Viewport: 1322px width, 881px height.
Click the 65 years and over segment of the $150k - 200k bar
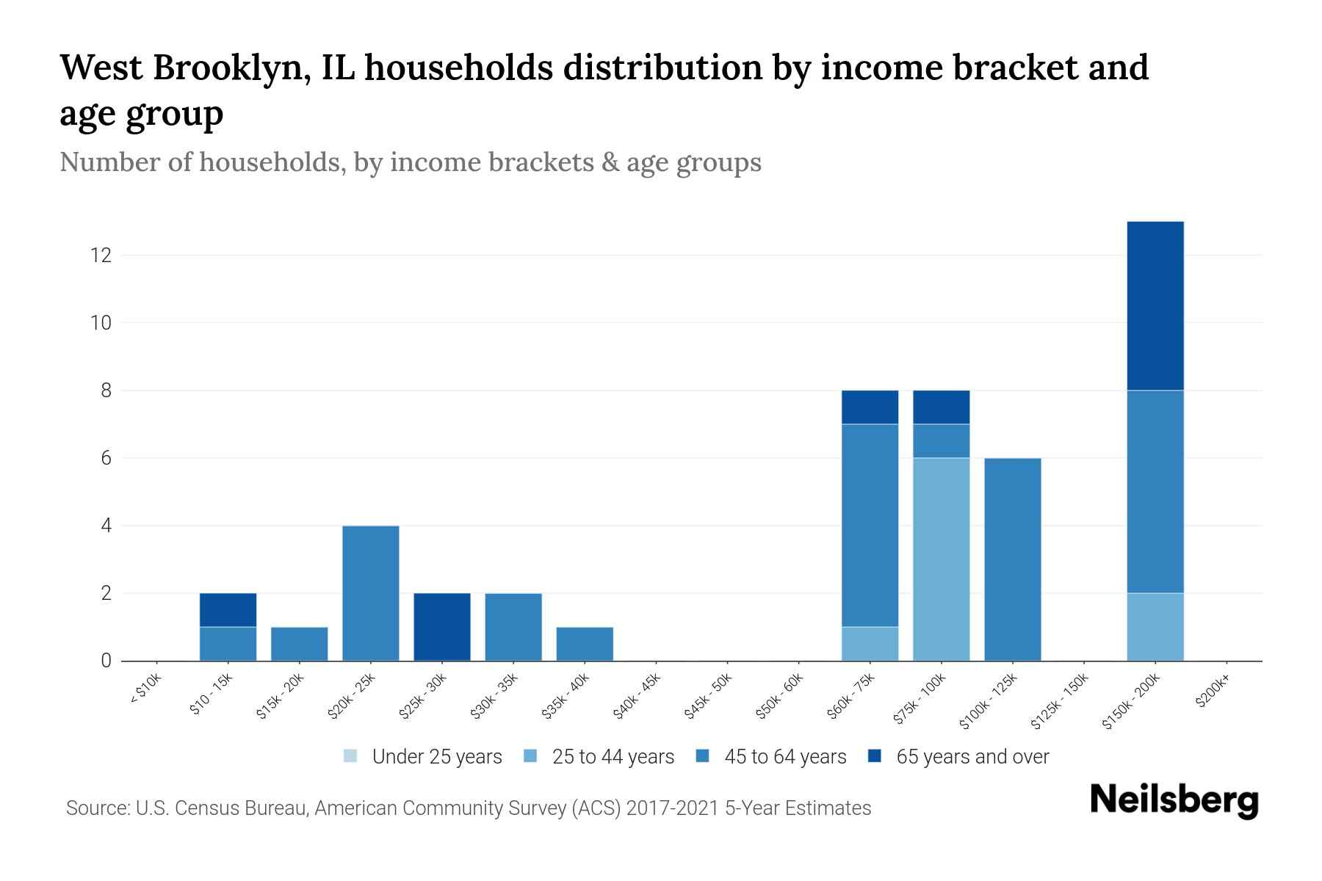[x=1155, y=305]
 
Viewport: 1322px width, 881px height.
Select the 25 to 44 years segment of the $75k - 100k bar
[x=941, y=559]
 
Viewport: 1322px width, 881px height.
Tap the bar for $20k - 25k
[x=371, y=592]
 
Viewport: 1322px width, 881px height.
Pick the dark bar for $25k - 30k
[x=442, y=626]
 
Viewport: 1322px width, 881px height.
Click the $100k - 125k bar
[x=1012, y=559]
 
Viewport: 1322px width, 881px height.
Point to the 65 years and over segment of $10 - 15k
[x=228, y=609]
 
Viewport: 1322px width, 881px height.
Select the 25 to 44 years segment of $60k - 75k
[x=870, y=643]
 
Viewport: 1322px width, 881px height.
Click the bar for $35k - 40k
[x=585, y=643]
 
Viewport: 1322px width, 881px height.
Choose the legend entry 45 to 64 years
[x=771, y=757]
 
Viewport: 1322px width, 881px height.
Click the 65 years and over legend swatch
[x=875, y=756]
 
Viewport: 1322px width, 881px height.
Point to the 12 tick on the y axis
[x=101, y=255]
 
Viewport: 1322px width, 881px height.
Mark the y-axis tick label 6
[x=106, y=458]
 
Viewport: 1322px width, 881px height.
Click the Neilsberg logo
[x=1174, y=800]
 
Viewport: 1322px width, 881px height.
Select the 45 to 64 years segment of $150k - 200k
[x=1155, y=491]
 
